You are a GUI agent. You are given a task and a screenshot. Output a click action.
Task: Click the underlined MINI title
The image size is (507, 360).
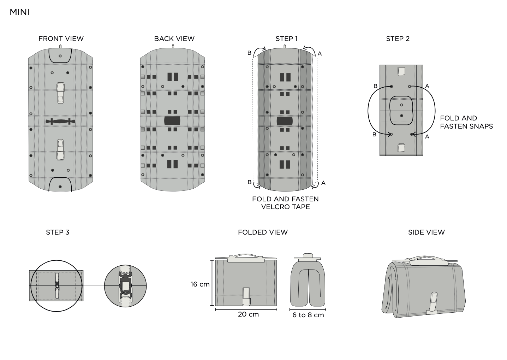click(19, 12)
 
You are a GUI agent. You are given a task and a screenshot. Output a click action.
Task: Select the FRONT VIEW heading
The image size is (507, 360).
click(61, 39)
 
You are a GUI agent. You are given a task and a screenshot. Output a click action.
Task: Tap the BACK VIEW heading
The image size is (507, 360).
click(174, 39)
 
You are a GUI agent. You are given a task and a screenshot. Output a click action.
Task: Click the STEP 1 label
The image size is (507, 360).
click(286, 39)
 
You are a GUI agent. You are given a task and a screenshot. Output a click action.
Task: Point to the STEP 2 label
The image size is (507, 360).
click(398, 39)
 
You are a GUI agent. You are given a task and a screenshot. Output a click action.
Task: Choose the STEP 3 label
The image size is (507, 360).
click(58, 232)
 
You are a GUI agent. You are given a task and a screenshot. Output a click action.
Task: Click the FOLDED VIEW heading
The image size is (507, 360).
click(263, 232)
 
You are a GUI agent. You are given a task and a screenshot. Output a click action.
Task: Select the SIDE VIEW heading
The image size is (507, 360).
click(426, 232)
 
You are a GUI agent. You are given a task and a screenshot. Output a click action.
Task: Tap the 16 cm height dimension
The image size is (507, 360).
click(200, 284)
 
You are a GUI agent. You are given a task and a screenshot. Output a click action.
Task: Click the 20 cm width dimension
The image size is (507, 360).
click(248, 314)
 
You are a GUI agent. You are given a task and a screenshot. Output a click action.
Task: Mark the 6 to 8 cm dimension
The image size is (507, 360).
click(308, 315)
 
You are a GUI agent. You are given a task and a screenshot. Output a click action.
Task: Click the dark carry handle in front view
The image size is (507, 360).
click(60, 122)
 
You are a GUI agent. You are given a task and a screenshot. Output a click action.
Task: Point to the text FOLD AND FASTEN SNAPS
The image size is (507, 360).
click(466, 122)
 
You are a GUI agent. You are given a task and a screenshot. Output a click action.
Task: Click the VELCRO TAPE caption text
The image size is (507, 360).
click(285, 207)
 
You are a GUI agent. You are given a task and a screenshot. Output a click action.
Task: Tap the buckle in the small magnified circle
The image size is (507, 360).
click(125, 286)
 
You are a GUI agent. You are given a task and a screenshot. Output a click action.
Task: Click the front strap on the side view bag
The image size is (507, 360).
click(433, 303)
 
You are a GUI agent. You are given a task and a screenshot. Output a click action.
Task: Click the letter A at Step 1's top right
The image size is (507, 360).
click(320, 54)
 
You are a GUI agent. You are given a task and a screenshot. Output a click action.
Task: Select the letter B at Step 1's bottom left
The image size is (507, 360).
click(250, 182)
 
